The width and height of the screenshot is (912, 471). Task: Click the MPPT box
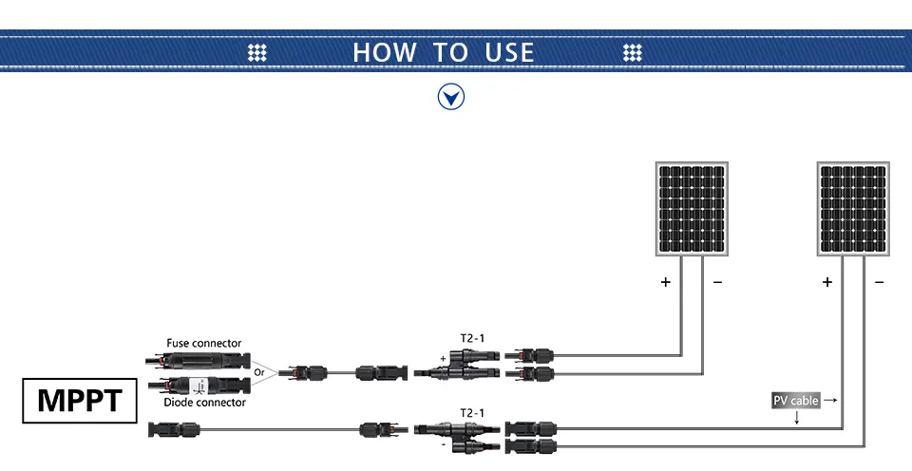pos(80,401)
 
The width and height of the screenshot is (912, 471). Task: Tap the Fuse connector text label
pos(203,343)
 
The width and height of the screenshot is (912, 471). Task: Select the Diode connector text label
pos(204,403)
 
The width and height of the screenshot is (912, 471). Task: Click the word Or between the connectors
pos(258,372)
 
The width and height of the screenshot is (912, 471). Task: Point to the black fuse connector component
pos(198,361)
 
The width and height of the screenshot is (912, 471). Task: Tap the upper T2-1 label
pos(472,338)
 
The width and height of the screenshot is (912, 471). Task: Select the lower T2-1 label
pos(472,413)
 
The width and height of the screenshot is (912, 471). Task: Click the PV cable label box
pos(796,401)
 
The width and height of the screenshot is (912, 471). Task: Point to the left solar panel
pos(692,209)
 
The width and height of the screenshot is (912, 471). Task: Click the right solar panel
pos(853,209)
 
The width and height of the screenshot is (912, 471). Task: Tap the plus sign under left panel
pos(666,282)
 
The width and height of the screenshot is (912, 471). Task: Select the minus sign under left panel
pos(718,282)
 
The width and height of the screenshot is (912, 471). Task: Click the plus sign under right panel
pos(827,282)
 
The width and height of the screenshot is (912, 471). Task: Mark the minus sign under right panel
pos(879,282)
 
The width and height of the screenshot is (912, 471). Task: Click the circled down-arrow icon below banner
pos(451,97)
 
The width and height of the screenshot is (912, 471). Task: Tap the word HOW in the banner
pos(385,52)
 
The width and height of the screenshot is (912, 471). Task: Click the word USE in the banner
pos(509,52)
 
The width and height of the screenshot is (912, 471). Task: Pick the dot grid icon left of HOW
pos(257,52)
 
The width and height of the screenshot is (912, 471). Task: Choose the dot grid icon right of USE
pos(633,52)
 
